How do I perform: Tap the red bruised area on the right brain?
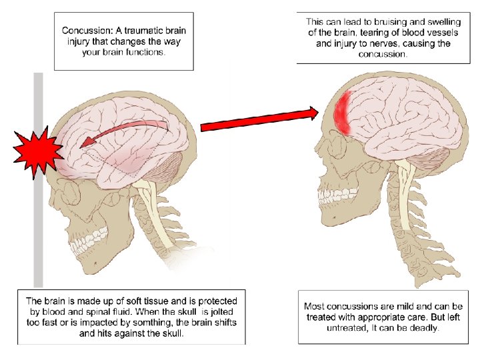pyautogui.click(x=344, y=112)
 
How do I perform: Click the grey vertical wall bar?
pyautogui.click(x=38, y=220)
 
